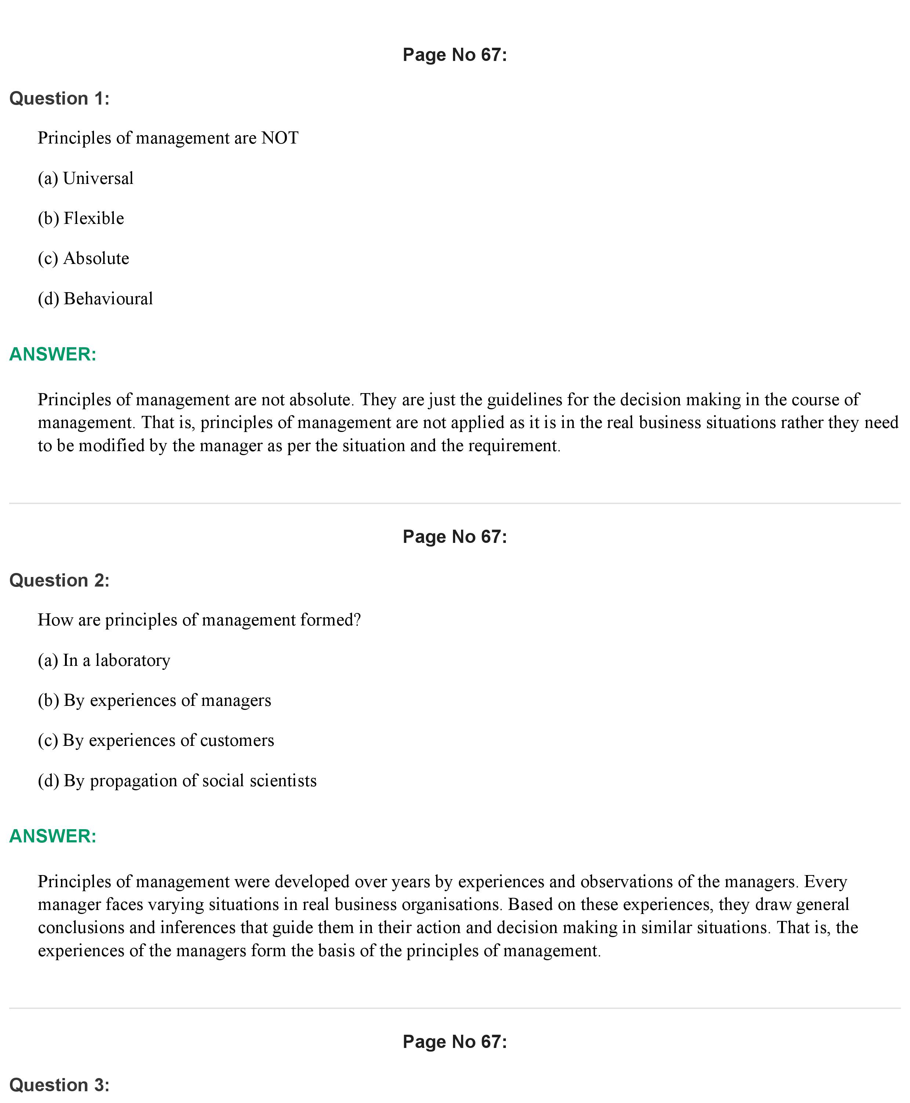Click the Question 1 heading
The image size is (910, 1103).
click(x=59, y=99)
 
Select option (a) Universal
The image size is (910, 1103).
click(x=86, y=178)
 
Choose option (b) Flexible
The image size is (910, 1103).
click(x=81, y=218)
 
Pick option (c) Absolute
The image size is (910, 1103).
click(x=83, y=258)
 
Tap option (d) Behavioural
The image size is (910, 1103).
click(x=95, y=299)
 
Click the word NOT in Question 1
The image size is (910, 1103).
click(x=280, y=138)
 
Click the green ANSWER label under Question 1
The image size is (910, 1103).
click(x=53, y=354)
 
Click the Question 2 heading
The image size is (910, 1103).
click(x=59, y=580)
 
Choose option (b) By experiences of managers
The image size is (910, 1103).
click(x=154, y=700)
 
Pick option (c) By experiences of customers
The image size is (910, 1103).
click(x=156, y=740)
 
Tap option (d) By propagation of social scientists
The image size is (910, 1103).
click(x=177, y=781)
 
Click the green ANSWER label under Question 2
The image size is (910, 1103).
click(x=53, y=836)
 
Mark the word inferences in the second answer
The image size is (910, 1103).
click(x=197, y=928)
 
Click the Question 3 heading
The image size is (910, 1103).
click(x=59, y=1085)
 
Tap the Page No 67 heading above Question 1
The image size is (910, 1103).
click(x=454, y=55)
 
